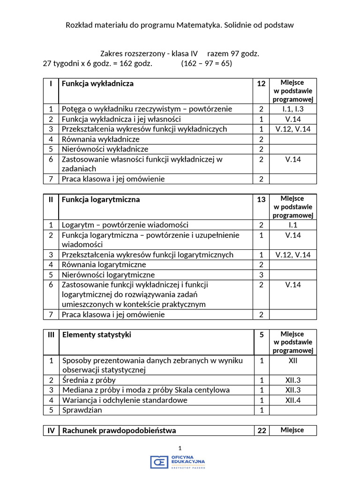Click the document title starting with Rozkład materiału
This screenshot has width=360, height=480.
pyautogui.click(x=180, y=25)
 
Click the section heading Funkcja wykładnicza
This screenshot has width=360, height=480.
pyautogui.click(x=97, y=83)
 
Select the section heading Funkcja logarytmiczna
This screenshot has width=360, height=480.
pyautogui.click(x=101, y=199)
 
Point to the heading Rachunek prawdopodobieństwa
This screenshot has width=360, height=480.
pyautogui.click(x=119, y=430)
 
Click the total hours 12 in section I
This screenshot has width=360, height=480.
pyautogui.click(x=261, y=83)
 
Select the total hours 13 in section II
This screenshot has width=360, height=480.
pyautogui.click(x=261, y=199)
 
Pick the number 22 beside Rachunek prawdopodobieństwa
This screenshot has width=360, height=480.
pyautogui.click(x=261, y=430)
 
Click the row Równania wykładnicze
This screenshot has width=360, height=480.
pyautogui.click(x=101, y=139)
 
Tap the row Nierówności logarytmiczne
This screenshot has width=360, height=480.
pyautogui.click(x=108, y=275)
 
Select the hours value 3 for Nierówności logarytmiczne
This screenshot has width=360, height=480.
pyautogui.click(x=261, y=275)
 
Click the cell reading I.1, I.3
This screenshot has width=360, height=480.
pyautogui.click(x=293, y=109)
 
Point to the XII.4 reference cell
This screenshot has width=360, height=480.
pyautogui.click(x=293, y=400)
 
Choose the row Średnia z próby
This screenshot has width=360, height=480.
pyautogui.click(x=89, y=380)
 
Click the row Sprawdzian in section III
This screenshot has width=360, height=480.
pyautogui.click(x=82, y=410)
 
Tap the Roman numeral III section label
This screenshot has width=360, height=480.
pyautogui.click(x=51, y=335)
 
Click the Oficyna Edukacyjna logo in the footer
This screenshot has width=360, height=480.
pyautogui.click(x=178, y=462)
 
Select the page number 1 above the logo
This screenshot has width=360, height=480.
pyautogui.click(x=180, y=448)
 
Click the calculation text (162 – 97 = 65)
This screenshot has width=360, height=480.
pyautogui.click(x=206, y=63)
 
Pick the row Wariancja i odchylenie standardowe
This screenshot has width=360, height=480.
pyautogui.click(x=125, y=400)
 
